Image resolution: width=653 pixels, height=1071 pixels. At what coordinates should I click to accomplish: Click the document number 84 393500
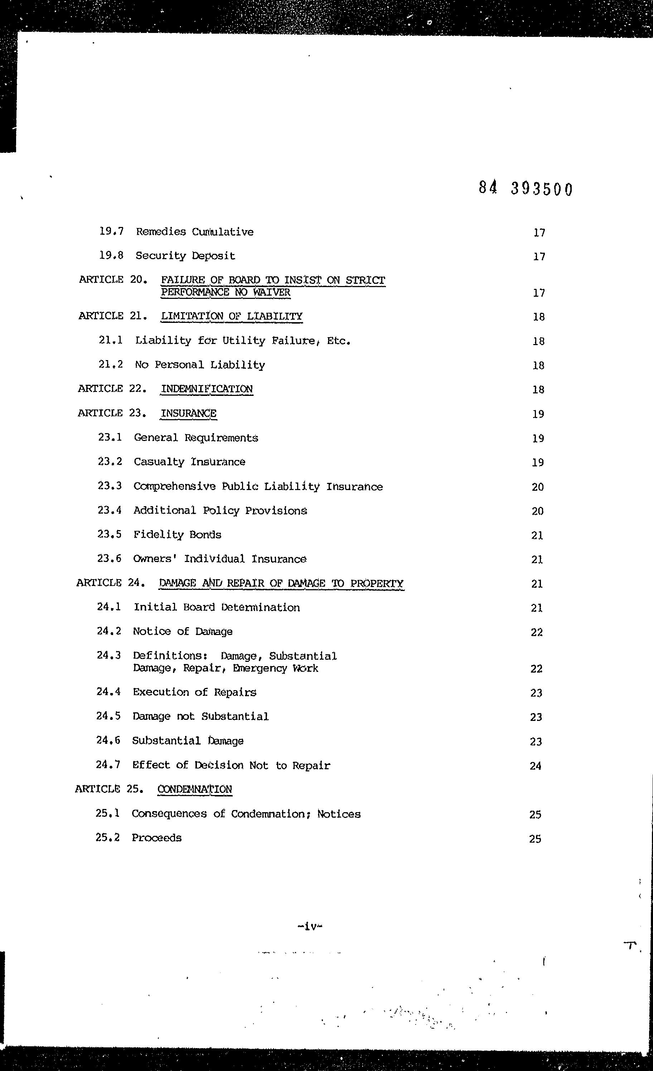526,188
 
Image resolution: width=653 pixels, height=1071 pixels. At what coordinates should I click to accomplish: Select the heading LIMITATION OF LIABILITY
231,316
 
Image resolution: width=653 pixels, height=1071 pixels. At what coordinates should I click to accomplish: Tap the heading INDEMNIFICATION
207,389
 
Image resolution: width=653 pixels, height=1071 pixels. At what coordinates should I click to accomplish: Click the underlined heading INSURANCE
188,413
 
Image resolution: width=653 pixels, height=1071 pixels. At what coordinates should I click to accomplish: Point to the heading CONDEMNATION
195,789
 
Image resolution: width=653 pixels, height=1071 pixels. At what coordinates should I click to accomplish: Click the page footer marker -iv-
310,926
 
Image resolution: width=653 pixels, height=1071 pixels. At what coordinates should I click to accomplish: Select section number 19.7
111,231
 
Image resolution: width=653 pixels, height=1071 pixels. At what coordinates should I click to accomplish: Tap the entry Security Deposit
185,256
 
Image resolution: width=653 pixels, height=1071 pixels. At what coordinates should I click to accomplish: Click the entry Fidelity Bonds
177,535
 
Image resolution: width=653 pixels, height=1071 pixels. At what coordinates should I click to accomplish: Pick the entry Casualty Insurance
189,462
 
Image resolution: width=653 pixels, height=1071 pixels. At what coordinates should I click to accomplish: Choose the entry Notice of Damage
183,631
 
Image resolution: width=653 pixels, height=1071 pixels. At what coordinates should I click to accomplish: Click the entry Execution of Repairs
194,692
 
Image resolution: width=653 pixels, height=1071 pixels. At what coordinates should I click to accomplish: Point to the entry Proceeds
156,838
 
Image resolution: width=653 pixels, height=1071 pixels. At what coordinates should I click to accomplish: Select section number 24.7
108,765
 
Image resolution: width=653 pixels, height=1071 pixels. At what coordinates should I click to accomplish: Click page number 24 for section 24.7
535,766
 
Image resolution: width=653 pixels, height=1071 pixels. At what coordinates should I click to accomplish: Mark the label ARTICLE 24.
110,583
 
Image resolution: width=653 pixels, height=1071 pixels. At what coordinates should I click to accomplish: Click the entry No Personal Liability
199,365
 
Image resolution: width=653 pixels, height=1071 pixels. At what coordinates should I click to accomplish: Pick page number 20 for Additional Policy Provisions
537,511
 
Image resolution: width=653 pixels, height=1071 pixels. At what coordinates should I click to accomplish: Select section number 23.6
109,558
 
